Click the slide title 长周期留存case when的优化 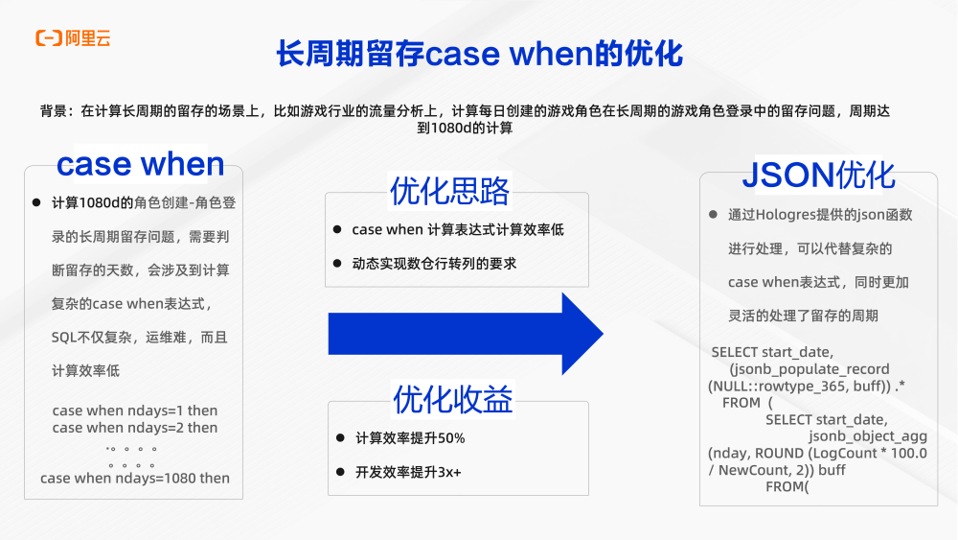[x=479, y=53]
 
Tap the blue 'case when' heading [x=140, y=164]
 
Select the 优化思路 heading [x=448, y=191]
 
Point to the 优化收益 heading [x=452, y=398]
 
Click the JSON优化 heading [x=819, y=176]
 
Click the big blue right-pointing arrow [x=466, y=333]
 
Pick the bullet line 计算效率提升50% [x=410, y=438]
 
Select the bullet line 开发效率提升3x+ [x=408, y=472]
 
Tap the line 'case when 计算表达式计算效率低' [x=458, y=229]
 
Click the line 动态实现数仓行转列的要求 [x=434, y=263]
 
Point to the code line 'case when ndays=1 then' [x=135, y=411]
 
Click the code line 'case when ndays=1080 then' [x=135, y=478]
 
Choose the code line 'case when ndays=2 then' [x=135, y=428]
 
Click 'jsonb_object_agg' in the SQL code [x=868, y=436]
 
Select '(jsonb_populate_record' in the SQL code [x=809, y=369]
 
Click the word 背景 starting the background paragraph [x=54, y=111]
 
